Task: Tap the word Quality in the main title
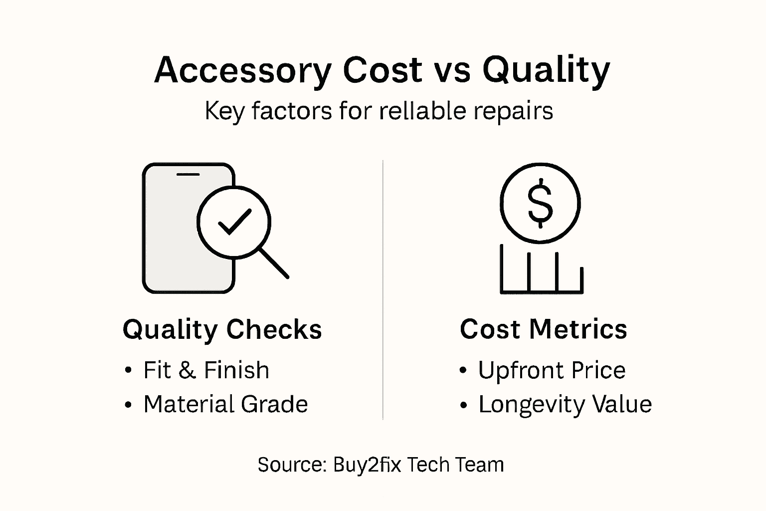tap(546, 70)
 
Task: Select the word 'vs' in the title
tap(452, 70)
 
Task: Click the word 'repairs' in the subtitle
tap(513, 111)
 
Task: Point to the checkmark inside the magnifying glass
tap(234, 222)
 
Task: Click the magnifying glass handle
tap(274, 263)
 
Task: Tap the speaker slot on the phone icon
tap(188, 175)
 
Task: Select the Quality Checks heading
tap(222, 330)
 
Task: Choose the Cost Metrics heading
tap(543, 329)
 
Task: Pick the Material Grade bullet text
tap(225, 404)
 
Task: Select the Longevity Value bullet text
tap(565, 404)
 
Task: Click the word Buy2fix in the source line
tap(367, 465)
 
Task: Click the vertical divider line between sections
tap(383, 289)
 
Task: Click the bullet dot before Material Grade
tap(129, 405)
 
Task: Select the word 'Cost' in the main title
tap(383, 70)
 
